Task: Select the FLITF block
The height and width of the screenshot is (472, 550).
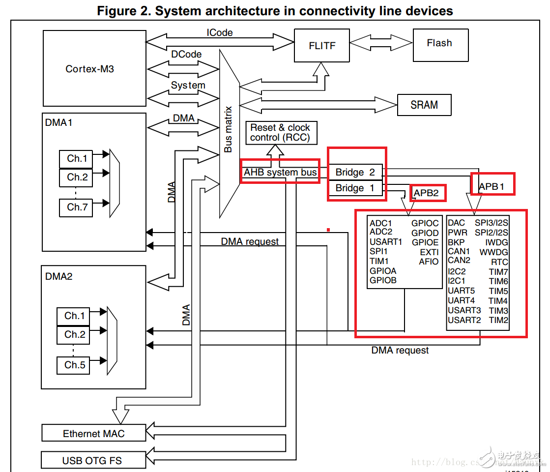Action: point(322,45)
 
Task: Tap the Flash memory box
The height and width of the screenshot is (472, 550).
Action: point(440,44)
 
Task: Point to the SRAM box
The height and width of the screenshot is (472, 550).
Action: point(424,105)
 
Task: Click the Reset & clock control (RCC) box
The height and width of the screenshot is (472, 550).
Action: point(281,133)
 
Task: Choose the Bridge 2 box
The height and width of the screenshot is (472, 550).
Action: point(355,172)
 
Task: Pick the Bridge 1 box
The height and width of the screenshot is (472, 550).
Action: point(355,188)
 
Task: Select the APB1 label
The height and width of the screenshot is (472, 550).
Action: point(492,186)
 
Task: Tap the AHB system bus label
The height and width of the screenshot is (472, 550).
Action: point(280,173)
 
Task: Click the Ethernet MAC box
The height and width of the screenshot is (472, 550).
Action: point(94,433)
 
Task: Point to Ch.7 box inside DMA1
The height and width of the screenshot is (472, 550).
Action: point(77,207)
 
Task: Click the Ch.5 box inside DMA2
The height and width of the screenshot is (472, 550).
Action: point(75,365)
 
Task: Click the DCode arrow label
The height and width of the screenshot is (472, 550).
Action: point(186,54)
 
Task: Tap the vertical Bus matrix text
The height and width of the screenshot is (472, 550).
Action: point(229,129)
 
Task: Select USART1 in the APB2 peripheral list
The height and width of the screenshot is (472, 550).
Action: point(386,241)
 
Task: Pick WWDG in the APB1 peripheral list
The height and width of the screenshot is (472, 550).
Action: point(493,252)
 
